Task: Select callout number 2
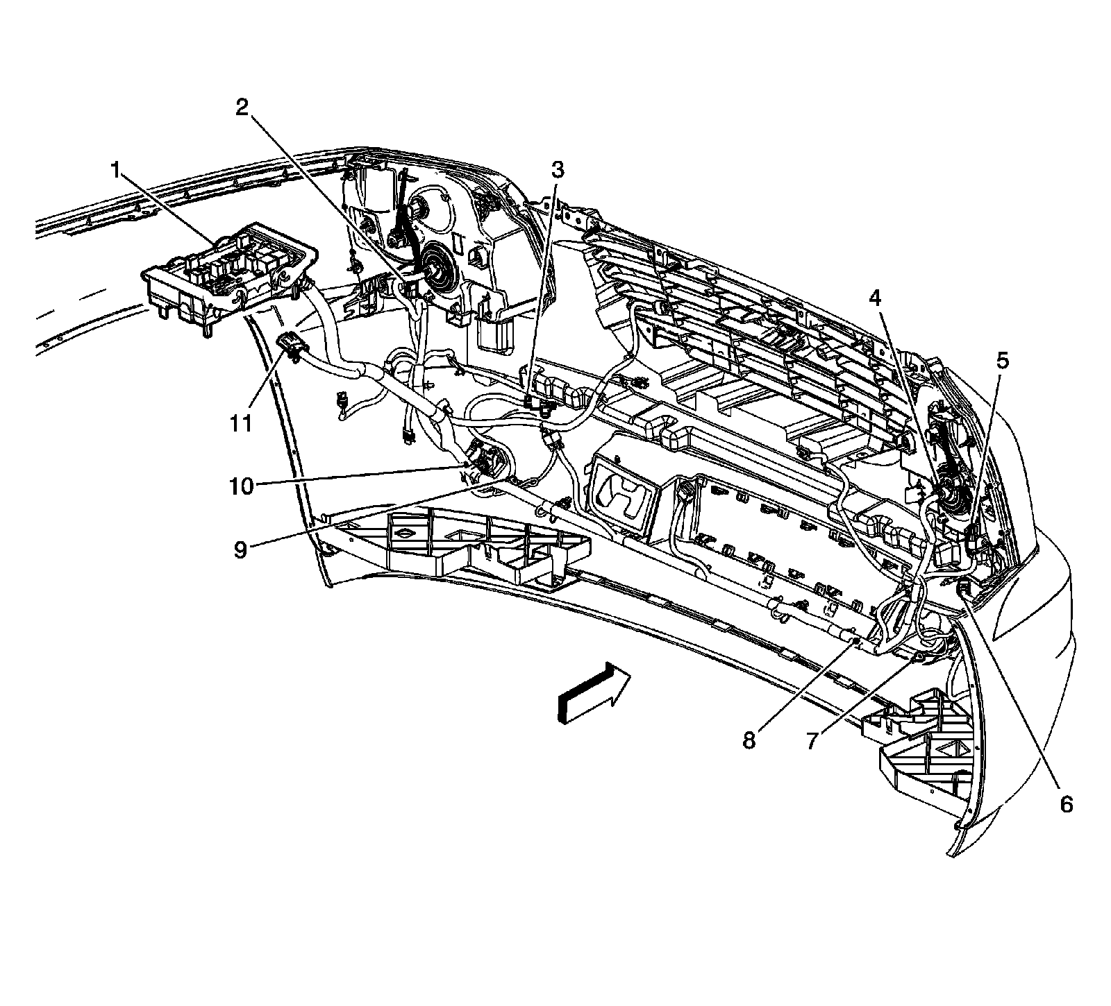pos(242,107)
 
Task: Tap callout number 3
pos(558,169)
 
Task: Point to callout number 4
pos(874,299)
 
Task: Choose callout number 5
pos(1003,360)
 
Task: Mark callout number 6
pos(1066,804)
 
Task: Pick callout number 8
pos(749,740)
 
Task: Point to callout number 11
pos(241,423)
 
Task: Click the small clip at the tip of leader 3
pos(539,403)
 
